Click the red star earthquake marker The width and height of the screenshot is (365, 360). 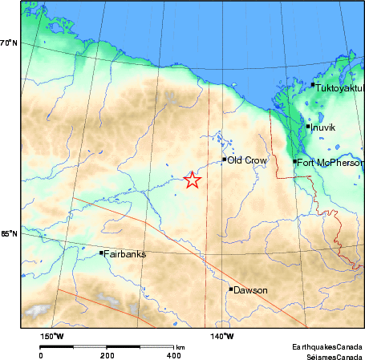tap(192, 180)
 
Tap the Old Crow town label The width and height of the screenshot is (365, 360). tap(244, 160)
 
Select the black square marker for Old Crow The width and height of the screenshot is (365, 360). tap(225, 160)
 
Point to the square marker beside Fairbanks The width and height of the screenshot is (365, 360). tap(101, 253)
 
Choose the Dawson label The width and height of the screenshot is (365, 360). tap(250, 290)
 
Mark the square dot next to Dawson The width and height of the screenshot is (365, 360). tap(231, 289)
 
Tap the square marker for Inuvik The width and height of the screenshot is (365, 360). tap(308, 126)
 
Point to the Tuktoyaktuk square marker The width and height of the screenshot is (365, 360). tap(313, 84)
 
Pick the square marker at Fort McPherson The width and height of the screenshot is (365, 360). tap(295, 162)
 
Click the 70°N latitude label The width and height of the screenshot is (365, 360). tap(9, 42)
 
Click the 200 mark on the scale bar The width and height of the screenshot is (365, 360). tap(107, 354)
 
